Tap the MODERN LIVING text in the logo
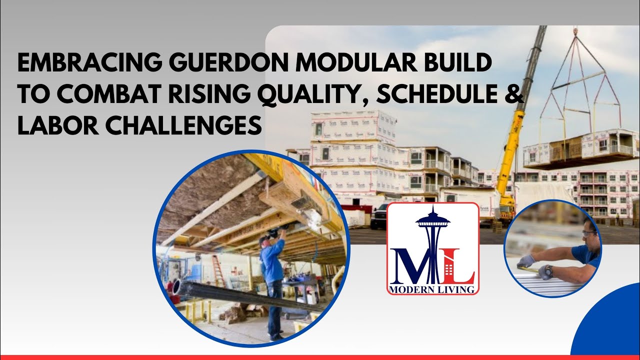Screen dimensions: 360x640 433,289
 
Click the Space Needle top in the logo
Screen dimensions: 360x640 433,220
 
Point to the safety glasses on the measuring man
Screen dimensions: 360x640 589,233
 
